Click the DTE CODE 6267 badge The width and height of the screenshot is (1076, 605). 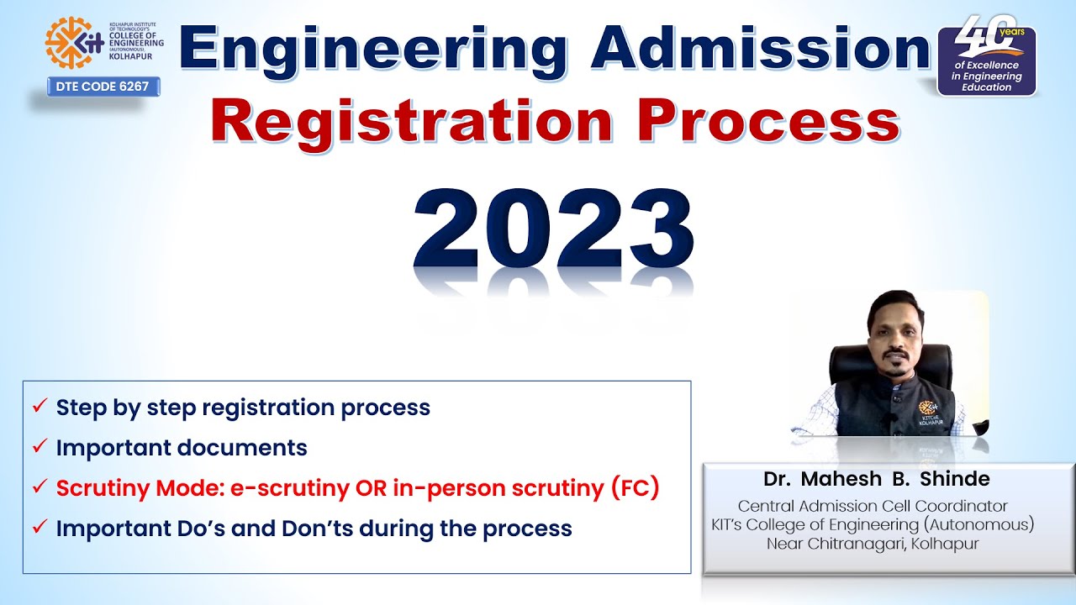[103, 86]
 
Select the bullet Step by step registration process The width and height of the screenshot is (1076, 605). [243, 408]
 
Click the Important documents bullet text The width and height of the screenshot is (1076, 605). [182, 448]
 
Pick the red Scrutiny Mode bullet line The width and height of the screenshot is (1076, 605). [357, 488]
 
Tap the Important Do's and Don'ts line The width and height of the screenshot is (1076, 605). [314, 529]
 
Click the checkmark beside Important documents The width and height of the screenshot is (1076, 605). [40, 447]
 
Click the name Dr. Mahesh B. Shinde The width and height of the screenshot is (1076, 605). [877, 479]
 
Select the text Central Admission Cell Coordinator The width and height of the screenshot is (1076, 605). [873, 506]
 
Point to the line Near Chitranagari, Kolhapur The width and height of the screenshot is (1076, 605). [873, 543]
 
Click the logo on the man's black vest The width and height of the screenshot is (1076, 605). [924, 402]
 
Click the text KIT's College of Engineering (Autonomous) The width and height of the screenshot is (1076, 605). [873, 524]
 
